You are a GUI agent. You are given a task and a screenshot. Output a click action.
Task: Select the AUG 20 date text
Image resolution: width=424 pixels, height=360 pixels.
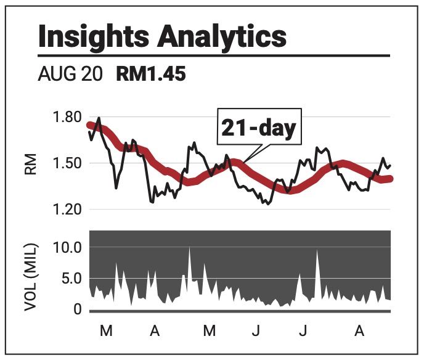click(70, 74)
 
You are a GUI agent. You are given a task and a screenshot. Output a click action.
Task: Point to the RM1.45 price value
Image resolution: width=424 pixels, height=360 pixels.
click(151, 74)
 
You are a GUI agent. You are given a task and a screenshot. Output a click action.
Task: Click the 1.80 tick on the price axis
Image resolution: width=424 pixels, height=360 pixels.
click(67, 117)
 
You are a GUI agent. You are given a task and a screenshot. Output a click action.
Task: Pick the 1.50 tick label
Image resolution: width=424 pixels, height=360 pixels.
click(67, 163)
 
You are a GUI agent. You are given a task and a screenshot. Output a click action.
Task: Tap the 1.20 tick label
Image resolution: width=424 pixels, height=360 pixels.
click(67, 210)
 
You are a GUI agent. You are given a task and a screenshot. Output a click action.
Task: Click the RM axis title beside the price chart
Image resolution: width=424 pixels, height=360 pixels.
click(30, 164)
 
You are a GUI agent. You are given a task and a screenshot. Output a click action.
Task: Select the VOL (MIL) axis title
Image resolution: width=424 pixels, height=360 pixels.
click(31, 277)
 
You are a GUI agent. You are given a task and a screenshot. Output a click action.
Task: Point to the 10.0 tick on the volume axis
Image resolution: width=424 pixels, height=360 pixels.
click(68, 247)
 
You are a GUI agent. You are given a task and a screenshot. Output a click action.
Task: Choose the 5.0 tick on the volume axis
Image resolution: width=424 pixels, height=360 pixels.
click(71, 278)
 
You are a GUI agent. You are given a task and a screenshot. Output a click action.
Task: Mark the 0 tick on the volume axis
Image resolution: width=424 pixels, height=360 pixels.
click(77, 309)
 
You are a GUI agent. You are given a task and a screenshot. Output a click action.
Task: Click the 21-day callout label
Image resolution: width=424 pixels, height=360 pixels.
click(259, 128)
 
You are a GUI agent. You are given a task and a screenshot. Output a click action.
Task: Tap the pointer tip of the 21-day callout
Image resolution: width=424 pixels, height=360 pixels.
click(243, 163)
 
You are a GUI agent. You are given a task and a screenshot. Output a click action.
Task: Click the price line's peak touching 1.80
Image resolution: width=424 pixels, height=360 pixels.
click(99, 117)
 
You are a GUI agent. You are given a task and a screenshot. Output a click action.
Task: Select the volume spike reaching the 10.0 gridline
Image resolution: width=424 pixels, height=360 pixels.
click(190, 247)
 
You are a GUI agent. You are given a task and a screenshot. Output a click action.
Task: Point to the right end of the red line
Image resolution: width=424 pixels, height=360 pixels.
click(391, 179)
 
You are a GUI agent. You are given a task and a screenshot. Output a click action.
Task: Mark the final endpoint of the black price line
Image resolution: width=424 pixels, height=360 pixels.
click(391, 166)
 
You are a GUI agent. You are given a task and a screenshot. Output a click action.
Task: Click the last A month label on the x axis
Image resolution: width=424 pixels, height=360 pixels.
click(359, 330)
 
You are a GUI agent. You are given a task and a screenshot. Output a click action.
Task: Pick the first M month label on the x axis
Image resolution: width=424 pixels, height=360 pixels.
click(106, 330)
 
